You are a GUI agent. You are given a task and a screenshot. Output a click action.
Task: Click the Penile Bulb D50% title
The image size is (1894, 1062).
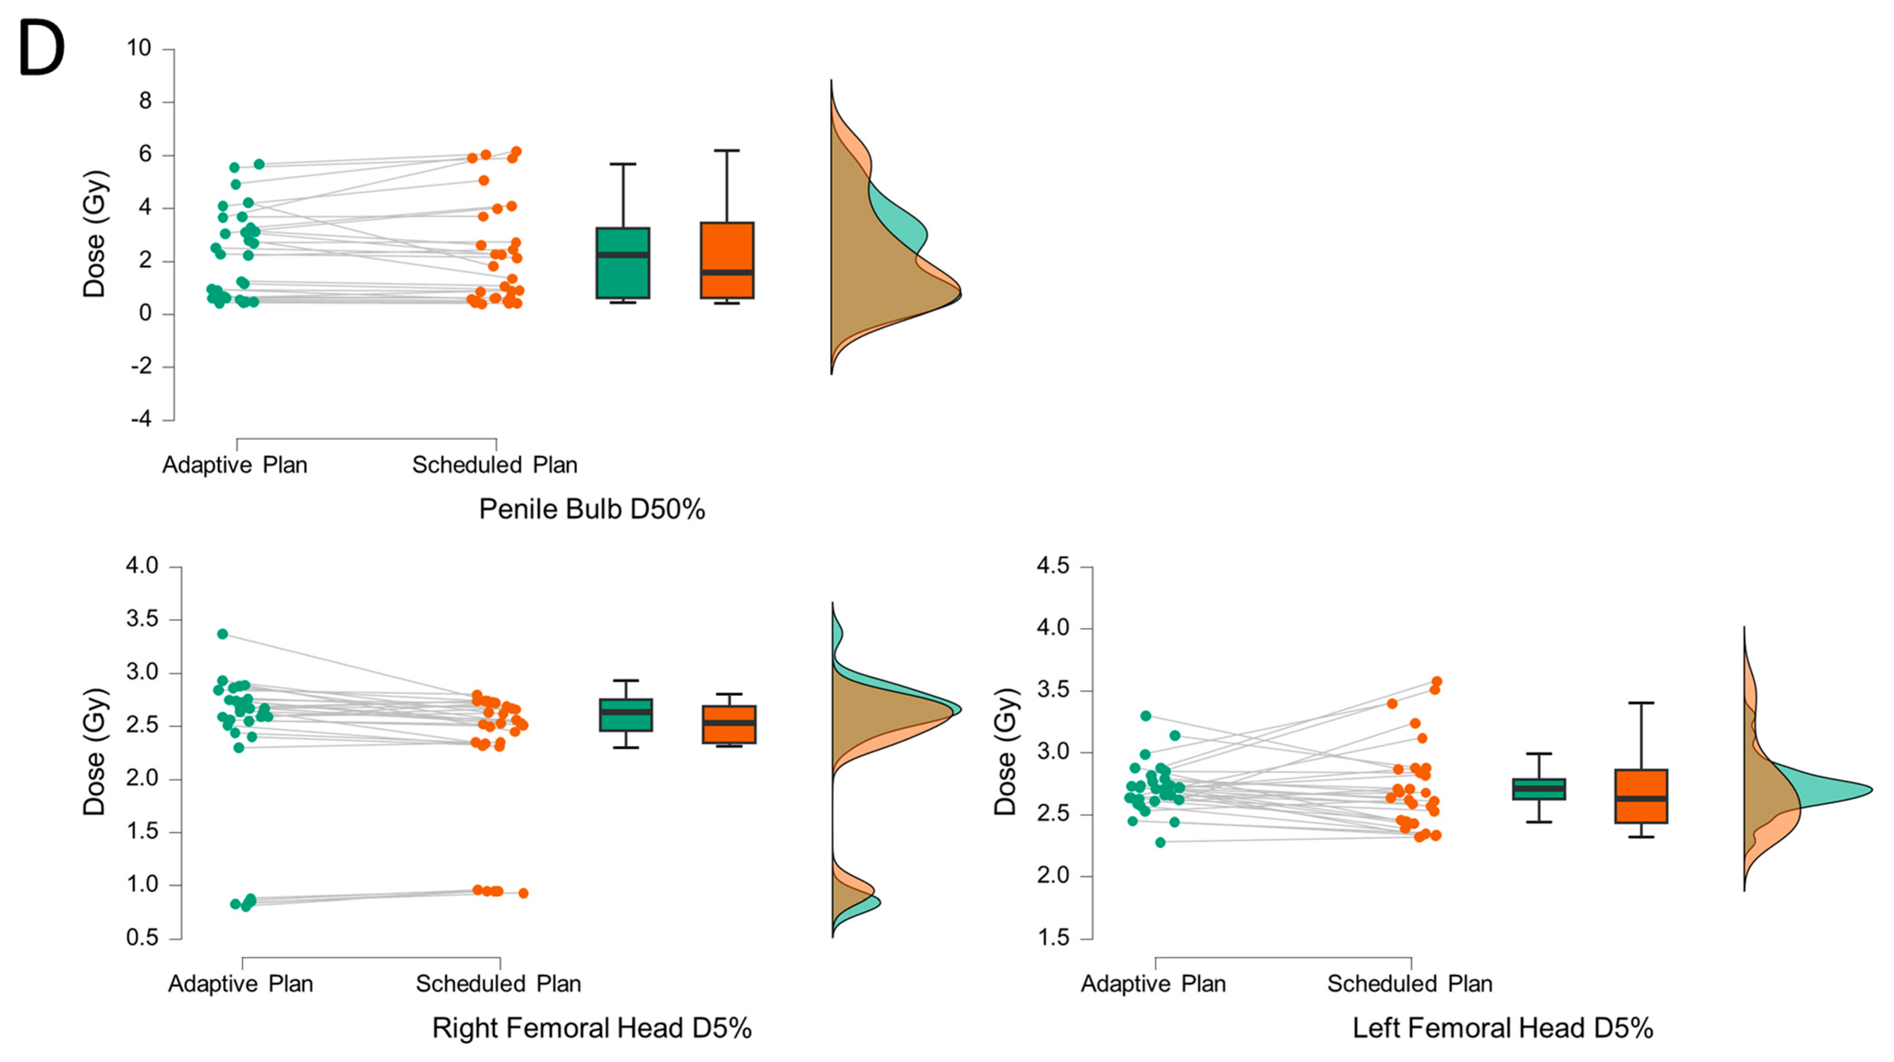tap(592, 509)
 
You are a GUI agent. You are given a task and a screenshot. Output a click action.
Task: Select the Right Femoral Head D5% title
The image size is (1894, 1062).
tap(592, 1027)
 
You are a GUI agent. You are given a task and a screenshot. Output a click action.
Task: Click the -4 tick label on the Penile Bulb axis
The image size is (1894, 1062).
tap(141, 419)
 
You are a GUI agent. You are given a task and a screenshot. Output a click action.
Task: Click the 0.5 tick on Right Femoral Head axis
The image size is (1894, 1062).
tap(142, 938)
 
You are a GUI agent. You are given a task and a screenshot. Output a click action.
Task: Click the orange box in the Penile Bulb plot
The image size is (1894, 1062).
tap(727, 260)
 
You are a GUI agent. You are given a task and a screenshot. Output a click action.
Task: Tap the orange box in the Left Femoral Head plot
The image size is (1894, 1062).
tap(1641, 796)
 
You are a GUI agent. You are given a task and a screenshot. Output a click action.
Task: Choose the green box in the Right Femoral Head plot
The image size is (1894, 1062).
tap(626, 714)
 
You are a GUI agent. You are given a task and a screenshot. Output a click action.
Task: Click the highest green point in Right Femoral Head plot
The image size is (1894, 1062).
tap(223, 634)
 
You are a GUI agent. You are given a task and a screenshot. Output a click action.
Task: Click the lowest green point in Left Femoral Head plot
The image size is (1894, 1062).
tap(1160, 842)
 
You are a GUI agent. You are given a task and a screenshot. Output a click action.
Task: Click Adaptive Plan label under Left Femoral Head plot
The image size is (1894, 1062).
tap(1153, 983)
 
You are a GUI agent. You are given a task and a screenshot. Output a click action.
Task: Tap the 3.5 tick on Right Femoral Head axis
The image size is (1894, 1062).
tap(142, 619)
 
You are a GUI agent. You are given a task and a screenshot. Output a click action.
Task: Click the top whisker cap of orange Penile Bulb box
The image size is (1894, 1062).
tap(727, 150)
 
